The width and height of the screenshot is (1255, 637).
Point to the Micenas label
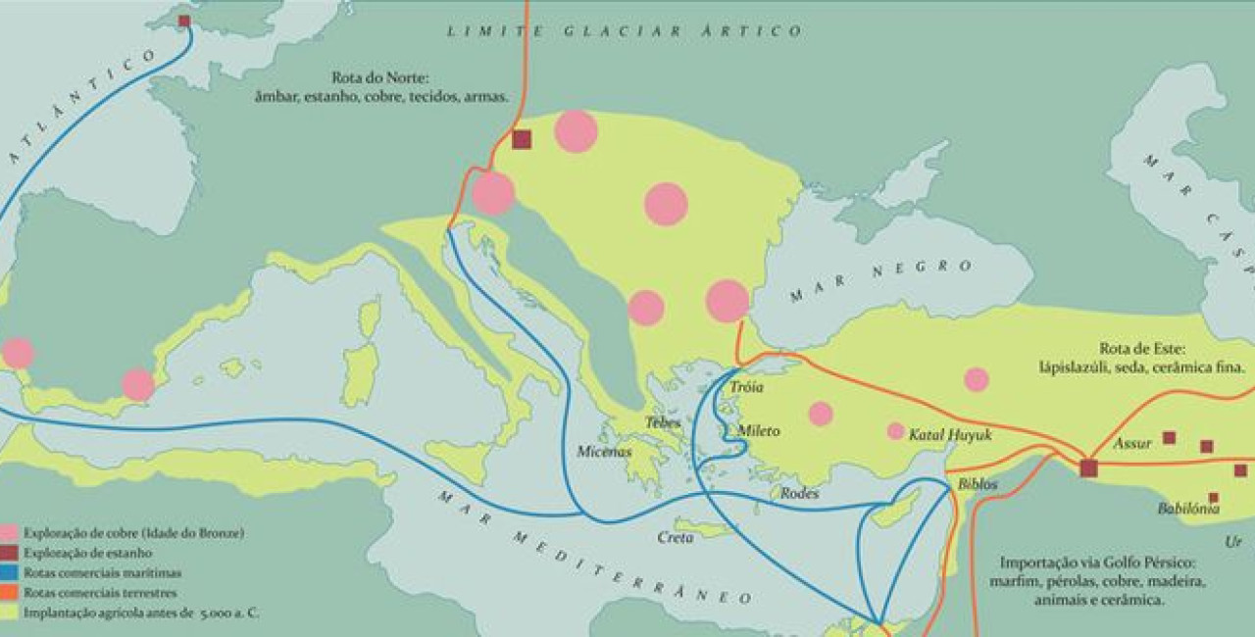pos(604,452)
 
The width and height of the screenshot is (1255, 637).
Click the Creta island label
pos(677,538)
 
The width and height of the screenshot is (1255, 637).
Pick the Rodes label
pos(799,494)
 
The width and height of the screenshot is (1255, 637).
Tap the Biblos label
pos(978,484)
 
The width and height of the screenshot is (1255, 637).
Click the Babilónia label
pos(1188,509)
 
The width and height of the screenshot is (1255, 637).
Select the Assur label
pos(1132,444)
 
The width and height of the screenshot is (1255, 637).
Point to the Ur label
pos(1232,541)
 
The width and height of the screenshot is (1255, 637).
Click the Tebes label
pos(663,422)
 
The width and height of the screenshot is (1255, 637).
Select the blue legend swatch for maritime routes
pos(10,572)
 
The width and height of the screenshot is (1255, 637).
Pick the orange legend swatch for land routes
pos(10,592)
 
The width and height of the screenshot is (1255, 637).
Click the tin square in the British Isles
pos(183,21)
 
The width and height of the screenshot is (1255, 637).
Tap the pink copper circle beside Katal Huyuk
pos(895,431)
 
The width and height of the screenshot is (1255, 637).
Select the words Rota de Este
pos(1143,348)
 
